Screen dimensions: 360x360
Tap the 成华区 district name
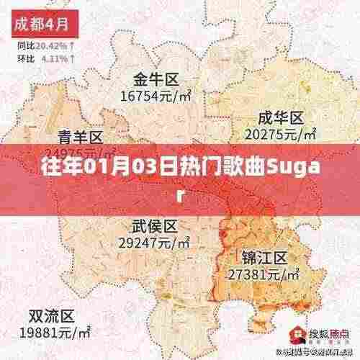282,117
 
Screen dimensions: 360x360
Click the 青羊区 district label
81,137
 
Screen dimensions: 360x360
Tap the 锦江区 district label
264,258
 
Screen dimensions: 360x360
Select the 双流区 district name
51,316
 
